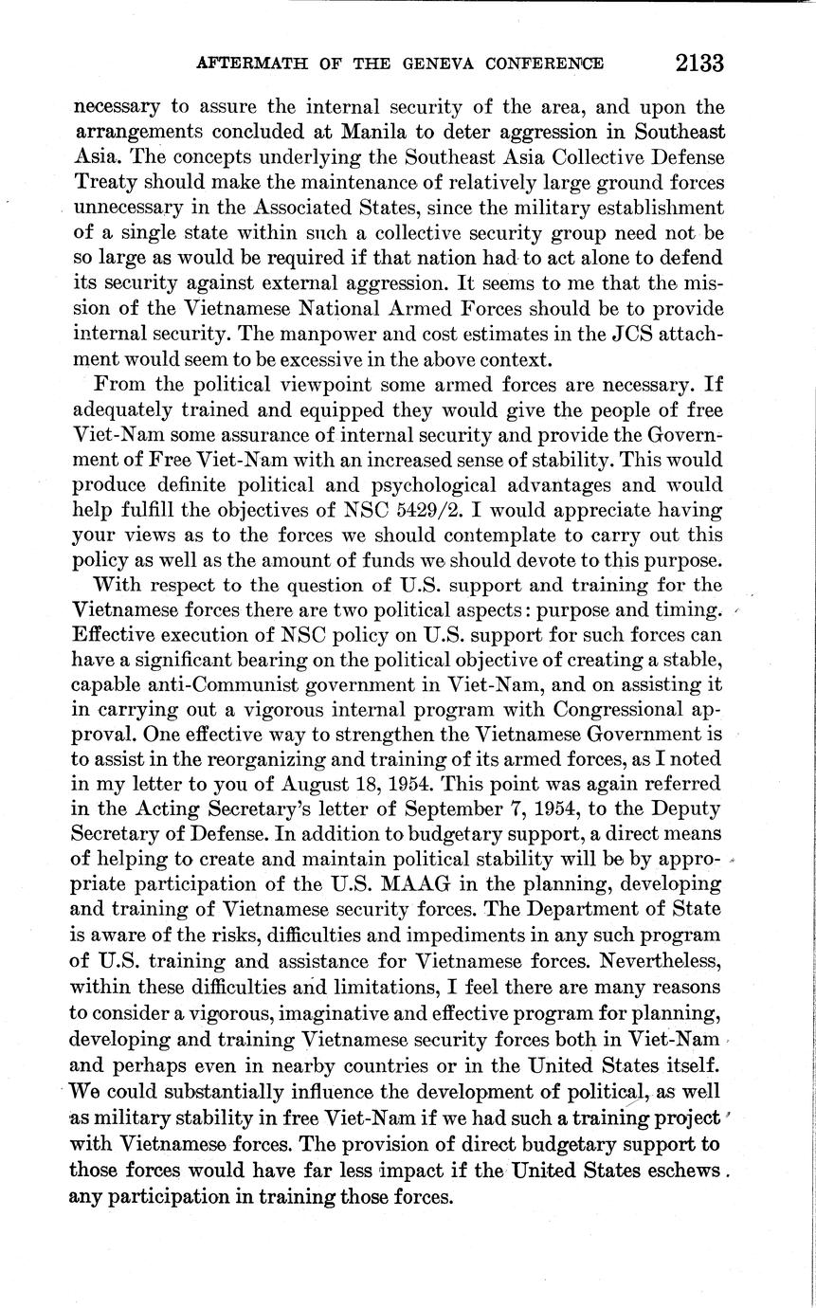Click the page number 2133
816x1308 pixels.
click(699, 64)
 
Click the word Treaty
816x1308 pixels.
click(105, 181)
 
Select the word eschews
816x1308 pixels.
click(679, 1172)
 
